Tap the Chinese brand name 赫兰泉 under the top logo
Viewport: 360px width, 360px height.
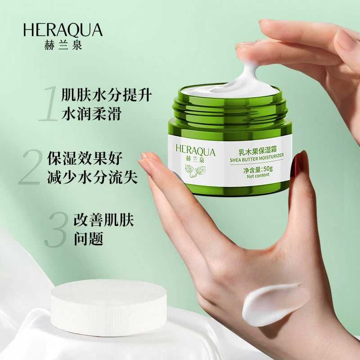click(x=63, y=45)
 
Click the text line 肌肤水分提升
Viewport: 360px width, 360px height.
click(x=107, y=96)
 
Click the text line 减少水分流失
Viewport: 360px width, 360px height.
click(x=92, y=178)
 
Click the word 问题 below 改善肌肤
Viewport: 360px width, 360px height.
click(x=88, y=239)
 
